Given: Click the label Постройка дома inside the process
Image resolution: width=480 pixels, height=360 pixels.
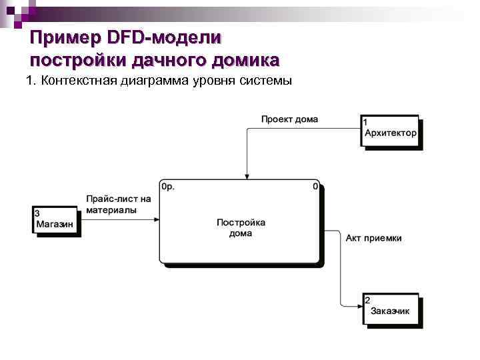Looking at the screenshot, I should tap(241, 228).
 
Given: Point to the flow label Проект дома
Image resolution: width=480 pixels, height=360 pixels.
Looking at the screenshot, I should tap(289, 119).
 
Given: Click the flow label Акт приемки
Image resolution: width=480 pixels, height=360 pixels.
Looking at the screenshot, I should tap(373, 238).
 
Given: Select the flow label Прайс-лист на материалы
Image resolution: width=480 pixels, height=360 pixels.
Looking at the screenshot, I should tap(119, 204).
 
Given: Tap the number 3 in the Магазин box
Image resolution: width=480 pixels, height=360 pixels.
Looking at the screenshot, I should tap(37, 213).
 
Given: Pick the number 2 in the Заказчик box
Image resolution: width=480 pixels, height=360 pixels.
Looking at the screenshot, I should tap(367, 301).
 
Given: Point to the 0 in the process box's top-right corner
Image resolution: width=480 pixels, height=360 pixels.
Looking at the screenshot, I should tap(315, 187).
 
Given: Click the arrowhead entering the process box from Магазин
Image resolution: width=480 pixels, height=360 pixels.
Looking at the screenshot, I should tap(157, 219).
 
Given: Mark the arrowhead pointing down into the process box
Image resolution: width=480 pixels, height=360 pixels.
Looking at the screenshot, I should tap(247, 177).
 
